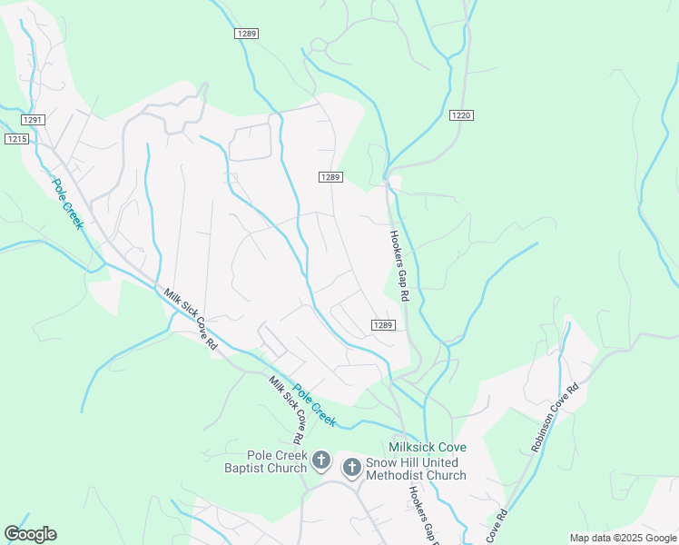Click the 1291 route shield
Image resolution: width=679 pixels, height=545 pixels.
(x=33, y=120)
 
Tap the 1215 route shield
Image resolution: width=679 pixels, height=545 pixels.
(x=16, y=138)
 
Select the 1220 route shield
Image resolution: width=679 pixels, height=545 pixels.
(x=461, y=115)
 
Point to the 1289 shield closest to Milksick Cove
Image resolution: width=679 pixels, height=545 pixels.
(x=383, y=325)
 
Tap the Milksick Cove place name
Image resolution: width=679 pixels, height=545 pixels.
(x=428, y=448)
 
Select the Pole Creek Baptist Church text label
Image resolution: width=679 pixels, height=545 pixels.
(x=265, y=461)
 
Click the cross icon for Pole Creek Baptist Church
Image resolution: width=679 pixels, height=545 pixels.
(x=320, y=461)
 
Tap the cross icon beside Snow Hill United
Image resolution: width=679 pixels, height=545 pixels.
(x=351, y=468)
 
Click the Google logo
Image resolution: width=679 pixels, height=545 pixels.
(x=30, y=534)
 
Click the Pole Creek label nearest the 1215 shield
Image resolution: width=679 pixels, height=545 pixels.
(x=66, y=203)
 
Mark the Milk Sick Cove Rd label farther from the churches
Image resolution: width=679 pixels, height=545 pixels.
(x=191, y=320)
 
